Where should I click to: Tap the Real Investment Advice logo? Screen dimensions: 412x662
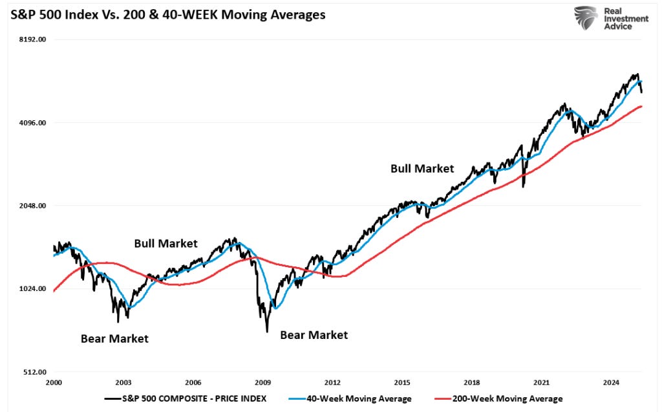[611, 18]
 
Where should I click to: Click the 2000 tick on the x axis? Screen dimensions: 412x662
[54, 382]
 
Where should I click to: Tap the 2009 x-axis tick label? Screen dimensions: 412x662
[263, 382]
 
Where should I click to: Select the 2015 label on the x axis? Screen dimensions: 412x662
[402, 382]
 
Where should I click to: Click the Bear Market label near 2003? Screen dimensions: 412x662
[114, 338]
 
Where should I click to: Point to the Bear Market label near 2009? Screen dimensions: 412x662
[314, 335]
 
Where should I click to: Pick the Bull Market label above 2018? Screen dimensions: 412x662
[422, 168]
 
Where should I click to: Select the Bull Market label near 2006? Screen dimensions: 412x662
[165, 243]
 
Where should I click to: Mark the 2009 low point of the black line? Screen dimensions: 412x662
[266, 332]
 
